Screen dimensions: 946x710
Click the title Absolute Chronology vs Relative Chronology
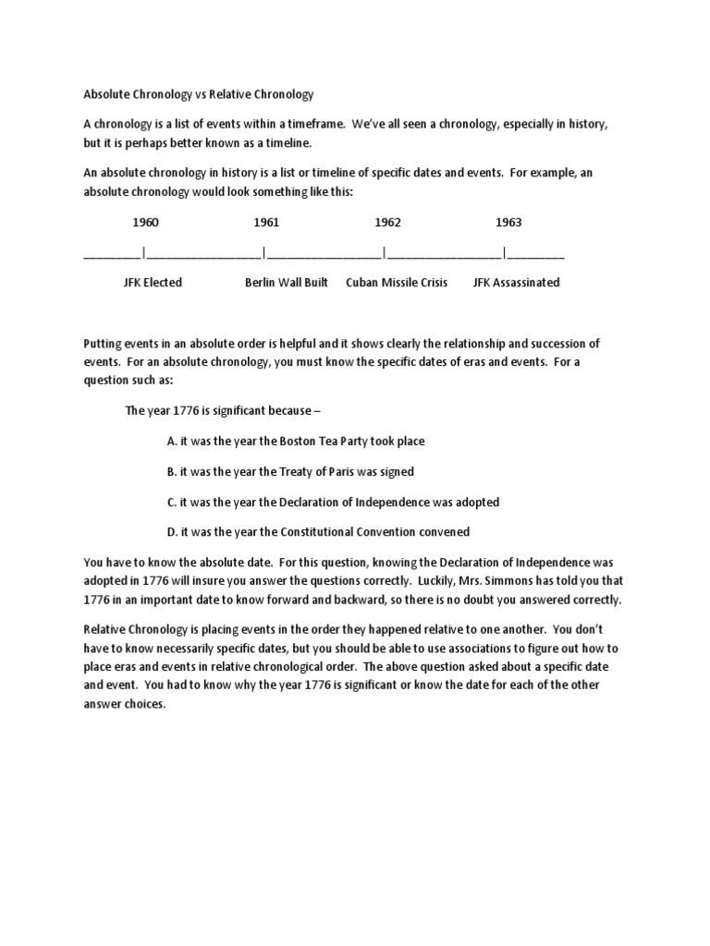(199, 94)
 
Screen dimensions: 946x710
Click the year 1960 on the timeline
(145, 223)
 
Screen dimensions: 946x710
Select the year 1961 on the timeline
(266, 223)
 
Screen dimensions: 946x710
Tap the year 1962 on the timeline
(387, 223)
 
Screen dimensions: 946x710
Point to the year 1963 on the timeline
(508, 223)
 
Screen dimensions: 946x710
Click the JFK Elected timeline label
(153, 283)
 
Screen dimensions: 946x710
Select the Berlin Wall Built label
(286, 283)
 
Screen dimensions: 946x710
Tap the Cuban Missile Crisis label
(397, 283)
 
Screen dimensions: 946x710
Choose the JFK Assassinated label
(516, 283)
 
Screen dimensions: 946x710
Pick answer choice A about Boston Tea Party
(296, 442)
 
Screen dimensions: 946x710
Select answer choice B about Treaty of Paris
(290, 471)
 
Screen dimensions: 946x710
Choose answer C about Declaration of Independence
(333, 502)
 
